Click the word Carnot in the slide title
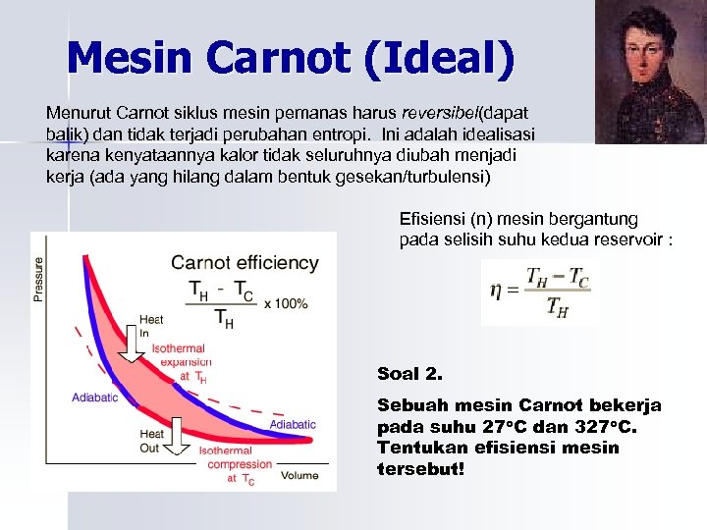pyautogui.click(x=280, y=60)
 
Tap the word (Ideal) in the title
pyautogui.click(x=438, y=60)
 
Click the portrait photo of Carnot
pyautogui.click(x=650, y=72)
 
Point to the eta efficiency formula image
pyautogui.click(x=539, y=292)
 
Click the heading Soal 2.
pyautogui.click(x=409, y=374)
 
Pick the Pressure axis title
pyautogui.click(x=40, y=279)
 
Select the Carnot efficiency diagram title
pyautogui.click(x=245, y=262)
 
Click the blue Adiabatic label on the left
pyautogui.click(x=94, y=397)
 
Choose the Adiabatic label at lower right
pyautogui.click(x=293, y=424)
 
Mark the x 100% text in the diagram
pyautogui.click(x=286, y=303)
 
